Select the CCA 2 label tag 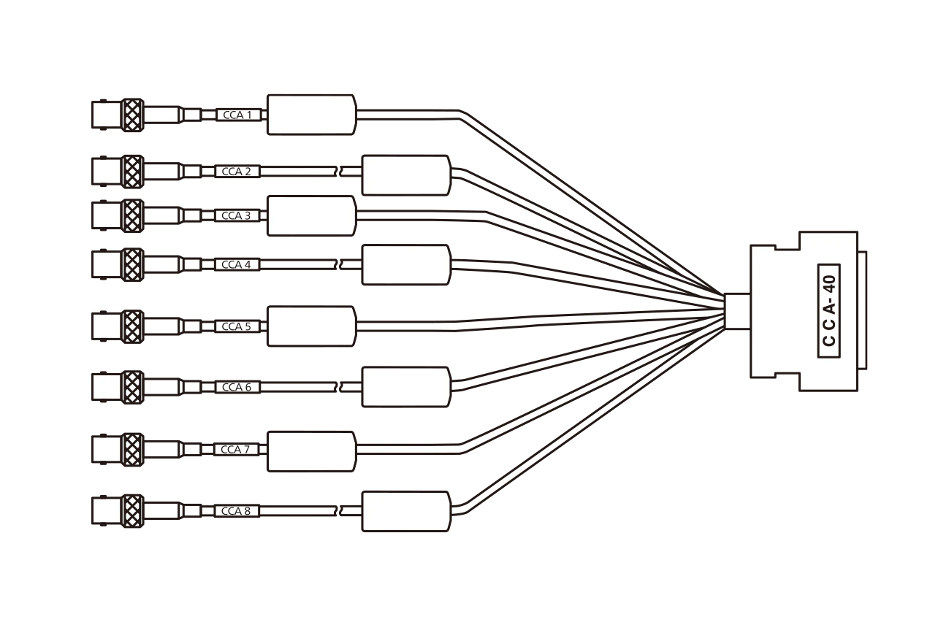tap(237, 171)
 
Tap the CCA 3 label tap(237, 215)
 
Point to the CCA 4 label tap(237, 264)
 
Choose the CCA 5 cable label tap(237, 326)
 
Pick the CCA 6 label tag tap(237, 387)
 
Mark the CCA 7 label tap(237, 450)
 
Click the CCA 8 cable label tap(237, 511)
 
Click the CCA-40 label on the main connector tap(829, 311)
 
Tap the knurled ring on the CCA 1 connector tap(132, 115)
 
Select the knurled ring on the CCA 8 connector tap(132, 511)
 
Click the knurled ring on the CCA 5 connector tap(132, 326)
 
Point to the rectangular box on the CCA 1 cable tap(312, 115)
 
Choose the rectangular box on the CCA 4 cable tap(407, 265)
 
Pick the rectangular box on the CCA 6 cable tap(407, 387)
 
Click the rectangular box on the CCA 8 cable tap(407, 512)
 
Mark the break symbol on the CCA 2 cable tap(339, 171)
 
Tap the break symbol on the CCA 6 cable tap(339, 387)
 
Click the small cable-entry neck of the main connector tap(737, 312)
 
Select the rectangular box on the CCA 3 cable tap(312, 216)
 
